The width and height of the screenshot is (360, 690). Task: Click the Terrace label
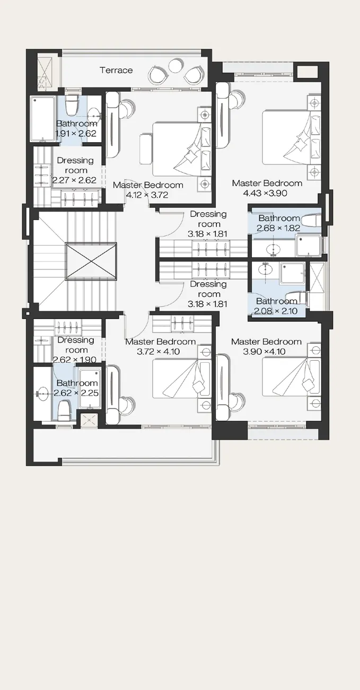[116, 70]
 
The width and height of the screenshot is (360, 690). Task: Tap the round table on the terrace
[175, 65]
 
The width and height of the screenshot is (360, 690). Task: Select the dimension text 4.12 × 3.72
[147, 195]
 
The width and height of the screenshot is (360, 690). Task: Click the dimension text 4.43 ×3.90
[265, 193]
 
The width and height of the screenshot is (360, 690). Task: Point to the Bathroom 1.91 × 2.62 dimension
[76, 133]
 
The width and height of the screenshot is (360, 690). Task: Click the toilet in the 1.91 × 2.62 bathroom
[72, 104]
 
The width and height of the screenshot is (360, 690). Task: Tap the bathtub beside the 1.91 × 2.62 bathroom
[43, 119]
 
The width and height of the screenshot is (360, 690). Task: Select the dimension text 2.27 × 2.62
[74, 180]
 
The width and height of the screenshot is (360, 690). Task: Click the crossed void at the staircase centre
[91, 261]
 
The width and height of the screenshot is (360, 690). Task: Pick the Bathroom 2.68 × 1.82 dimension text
[278, 228]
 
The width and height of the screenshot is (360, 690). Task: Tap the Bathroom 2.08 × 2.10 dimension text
[276, 311]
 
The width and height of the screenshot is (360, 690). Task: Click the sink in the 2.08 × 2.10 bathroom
[265, 269]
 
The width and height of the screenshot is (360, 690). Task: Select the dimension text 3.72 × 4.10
[159, 352]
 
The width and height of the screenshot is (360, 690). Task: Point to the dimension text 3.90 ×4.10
[264, 352]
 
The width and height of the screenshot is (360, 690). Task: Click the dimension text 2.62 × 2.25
[76, 393]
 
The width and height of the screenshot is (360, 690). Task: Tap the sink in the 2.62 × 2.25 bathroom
[42, 394]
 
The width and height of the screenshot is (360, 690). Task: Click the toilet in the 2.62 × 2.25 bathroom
[64, 410]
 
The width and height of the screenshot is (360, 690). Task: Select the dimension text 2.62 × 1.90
[75, 360]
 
